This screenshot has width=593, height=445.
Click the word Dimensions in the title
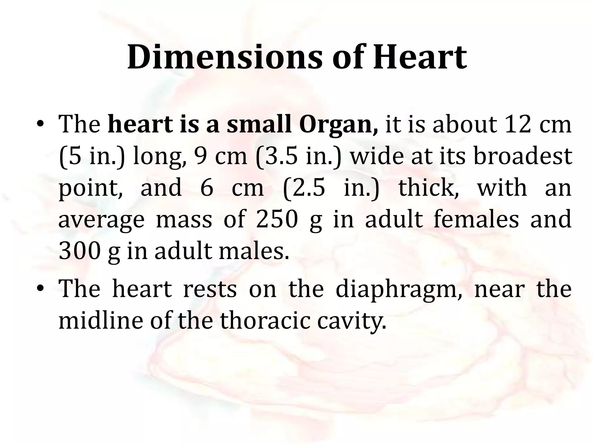(225, 57)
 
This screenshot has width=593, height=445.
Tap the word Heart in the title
(420, 57)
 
